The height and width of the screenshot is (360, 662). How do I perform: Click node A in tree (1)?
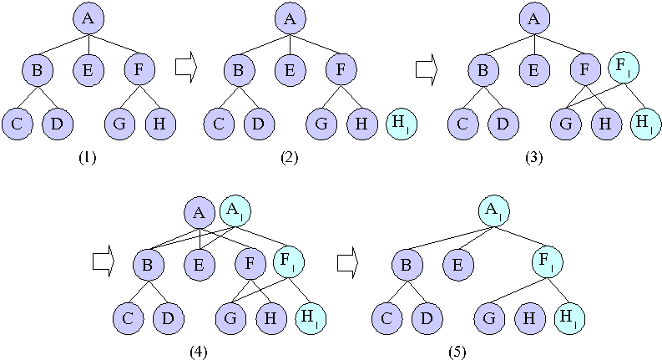tap(88, 18)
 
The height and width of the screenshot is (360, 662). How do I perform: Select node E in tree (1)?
tap(88, 70)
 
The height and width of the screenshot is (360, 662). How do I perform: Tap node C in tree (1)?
tap(17, 124)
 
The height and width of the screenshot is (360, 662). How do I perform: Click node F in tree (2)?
tap(341, 70)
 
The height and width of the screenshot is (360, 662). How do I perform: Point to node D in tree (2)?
tap(260, 124)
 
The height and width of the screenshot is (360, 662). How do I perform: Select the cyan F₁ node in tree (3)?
tap(622, 65)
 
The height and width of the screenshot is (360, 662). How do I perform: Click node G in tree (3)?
tap(567, 124)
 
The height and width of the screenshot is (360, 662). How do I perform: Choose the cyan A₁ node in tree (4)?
tap(235, 211)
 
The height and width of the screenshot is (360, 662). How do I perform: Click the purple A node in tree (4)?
tap(200, 213)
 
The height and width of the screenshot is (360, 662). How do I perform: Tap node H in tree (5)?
tap(531, 318)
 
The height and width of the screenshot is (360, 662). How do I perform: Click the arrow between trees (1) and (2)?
tap(185, 68)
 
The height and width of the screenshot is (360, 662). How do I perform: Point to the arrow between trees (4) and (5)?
tap(347, 262)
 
